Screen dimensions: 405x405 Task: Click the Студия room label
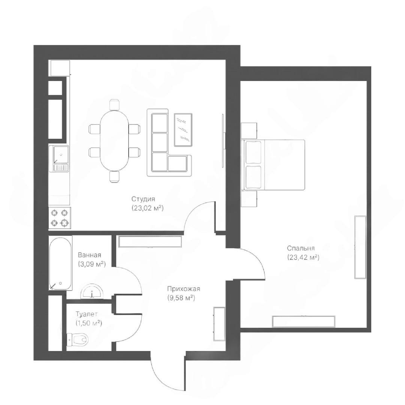pos(143,199)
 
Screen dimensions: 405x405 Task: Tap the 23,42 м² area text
pos(303,257)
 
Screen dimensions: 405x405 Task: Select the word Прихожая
pos(183,288)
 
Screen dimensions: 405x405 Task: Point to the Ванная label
pos(89,255)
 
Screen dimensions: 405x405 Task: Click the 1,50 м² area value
pos(88,323)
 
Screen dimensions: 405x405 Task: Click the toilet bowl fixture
pos(77,339)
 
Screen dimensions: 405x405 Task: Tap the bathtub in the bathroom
pos(60,262)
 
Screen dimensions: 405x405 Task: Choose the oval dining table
pos(114,140)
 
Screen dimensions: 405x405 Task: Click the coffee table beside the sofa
pos(183,130)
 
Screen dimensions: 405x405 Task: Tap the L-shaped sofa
pos(169,142)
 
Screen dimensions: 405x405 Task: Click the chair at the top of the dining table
pos(114,104)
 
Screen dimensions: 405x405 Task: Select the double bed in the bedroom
pos(273,165)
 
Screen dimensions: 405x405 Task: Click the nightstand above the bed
pos(249,131)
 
